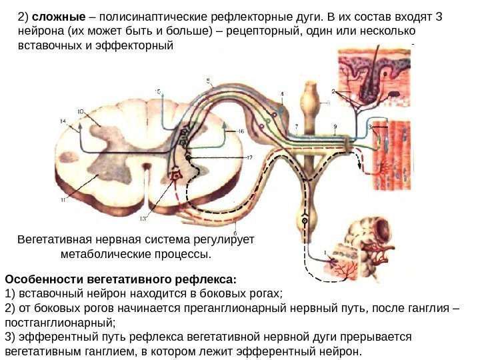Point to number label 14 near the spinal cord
63,121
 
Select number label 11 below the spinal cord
63,199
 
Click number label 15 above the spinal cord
157,91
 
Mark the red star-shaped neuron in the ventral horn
176,175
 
